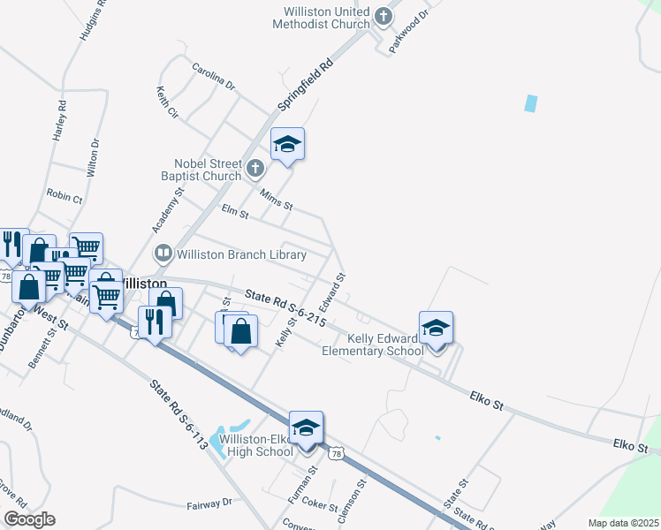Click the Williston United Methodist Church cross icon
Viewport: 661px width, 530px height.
pos(384,16)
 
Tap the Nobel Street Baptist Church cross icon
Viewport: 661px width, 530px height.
pos(255,168)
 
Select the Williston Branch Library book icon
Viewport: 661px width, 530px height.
pos(163,254)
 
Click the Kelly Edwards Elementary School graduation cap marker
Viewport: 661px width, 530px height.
pos(436,329)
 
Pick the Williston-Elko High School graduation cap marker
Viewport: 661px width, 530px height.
pos(306,428)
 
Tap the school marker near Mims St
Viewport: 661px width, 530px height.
pos(287,145)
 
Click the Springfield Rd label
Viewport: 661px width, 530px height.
pos(306,85)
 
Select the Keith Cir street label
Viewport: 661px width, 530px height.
pos(168,102)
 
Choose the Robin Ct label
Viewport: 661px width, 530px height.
pos(64,197)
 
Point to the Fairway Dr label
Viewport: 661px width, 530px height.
pos(209,503)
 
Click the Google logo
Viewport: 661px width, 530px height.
pos(29,519)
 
